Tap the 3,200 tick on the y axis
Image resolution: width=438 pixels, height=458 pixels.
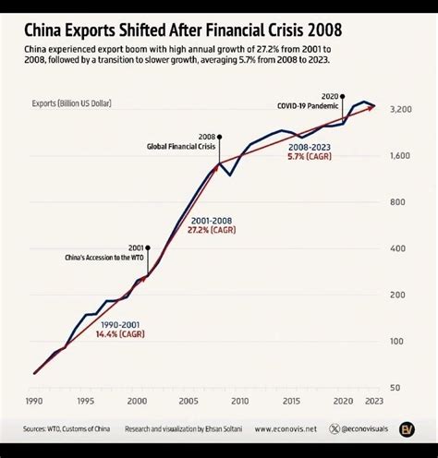point(401,109)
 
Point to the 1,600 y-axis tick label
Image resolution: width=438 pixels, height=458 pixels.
point(401,156)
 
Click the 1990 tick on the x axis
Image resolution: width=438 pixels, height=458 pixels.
point(34,402)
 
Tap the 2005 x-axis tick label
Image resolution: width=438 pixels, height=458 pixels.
point(189,402)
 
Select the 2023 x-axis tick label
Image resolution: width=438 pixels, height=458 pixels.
point(373,402)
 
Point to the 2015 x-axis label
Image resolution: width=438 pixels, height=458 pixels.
point(292,402)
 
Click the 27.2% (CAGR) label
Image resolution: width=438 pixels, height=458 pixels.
point(211,230)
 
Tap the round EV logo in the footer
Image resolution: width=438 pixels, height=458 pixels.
point(407,428)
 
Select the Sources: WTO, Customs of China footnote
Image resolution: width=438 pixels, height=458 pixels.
point(66,429)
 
